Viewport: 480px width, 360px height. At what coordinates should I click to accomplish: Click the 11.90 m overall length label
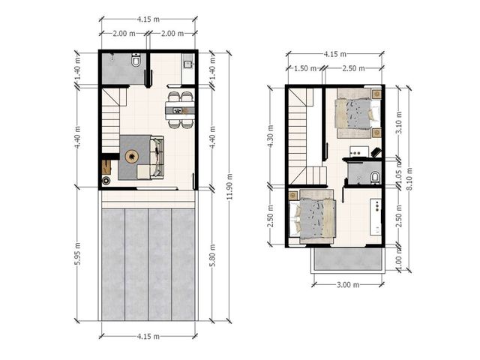tap(230, 187)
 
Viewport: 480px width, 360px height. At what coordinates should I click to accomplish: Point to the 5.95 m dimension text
tap(78, 254)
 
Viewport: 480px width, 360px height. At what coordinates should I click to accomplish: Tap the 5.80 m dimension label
tap(213, 255)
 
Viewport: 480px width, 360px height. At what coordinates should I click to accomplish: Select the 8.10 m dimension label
tap(409, 179)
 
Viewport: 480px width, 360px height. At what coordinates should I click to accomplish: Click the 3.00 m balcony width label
tap(348, 285)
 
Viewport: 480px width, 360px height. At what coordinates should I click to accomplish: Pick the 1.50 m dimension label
tap(305, 68)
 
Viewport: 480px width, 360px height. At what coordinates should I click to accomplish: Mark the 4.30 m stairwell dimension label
tap(271, 136)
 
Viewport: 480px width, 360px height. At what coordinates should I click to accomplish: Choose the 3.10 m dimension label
tap(399, 122)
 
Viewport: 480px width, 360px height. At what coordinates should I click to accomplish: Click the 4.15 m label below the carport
tap(148, 337)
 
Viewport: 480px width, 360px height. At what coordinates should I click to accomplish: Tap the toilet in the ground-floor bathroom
tap(136, 60)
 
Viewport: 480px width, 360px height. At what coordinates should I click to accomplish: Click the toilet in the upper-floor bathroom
tap(375, 178)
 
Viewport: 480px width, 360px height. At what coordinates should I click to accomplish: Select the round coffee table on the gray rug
tap(132, 157)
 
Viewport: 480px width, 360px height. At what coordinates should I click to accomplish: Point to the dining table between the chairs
tap(180, 110)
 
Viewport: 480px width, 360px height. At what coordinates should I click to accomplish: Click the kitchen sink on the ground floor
tap(187, 64)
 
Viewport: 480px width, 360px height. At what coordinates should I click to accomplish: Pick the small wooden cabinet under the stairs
tap(106, 167)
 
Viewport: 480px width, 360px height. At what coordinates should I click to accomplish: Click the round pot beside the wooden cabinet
tap(106, 181)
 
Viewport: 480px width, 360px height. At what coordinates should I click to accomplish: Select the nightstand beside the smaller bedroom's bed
tap(294, 195)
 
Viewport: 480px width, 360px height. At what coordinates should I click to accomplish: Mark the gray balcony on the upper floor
tap(347, 259)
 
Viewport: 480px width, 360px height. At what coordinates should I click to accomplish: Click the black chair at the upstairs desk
tap(376, 151)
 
